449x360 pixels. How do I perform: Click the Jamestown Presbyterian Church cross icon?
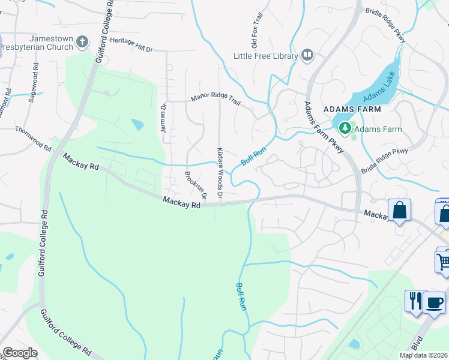coord(82,42)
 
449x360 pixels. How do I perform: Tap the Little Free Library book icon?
coord(308,56)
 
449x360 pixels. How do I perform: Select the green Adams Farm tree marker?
coord(345,128)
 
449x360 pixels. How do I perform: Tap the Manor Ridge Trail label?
coord(215,100)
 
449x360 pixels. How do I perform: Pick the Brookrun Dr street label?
coord(196,185)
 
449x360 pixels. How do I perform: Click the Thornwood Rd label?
coord(33,137)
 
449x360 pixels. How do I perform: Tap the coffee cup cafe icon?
coord(434,301)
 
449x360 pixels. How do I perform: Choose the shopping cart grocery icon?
coord(443,260)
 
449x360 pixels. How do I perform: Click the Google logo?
coord(20,353)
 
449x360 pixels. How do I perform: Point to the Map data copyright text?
coord(424,355)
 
